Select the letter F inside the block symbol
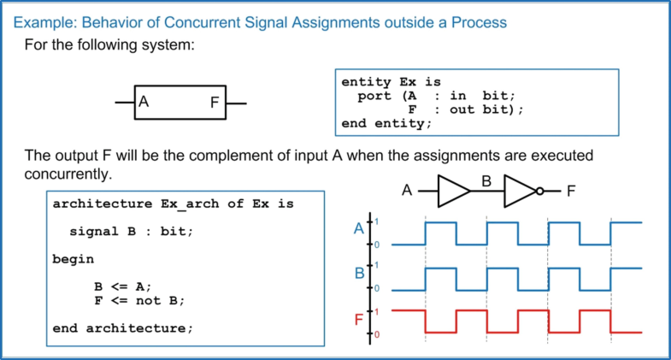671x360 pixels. pyautogui.click(x=215, y=103)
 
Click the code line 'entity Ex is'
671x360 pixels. pyautogui.click(x=391, y=82)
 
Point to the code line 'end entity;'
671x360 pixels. pyautogui.click(x=386, y=123)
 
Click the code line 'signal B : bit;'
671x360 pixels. pyautogui.click(x=132, y=232)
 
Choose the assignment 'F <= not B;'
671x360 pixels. pyautogui.click(x=139, y=300)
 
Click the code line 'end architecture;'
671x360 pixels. pyautogui.click(x=123, y=328)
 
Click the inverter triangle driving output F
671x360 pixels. pyautogui.click(x=520, y=192)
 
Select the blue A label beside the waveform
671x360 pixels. pyautogui.click(x=359, y=229)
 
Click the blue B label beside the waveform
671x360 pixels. pyautogui.click(x=359, y=275)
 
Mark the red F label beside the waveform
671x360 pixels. pyautogui.click(x=359, y=322)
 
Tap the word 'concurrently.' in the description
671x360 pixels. pyautogui.click(x=69, y=174)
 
